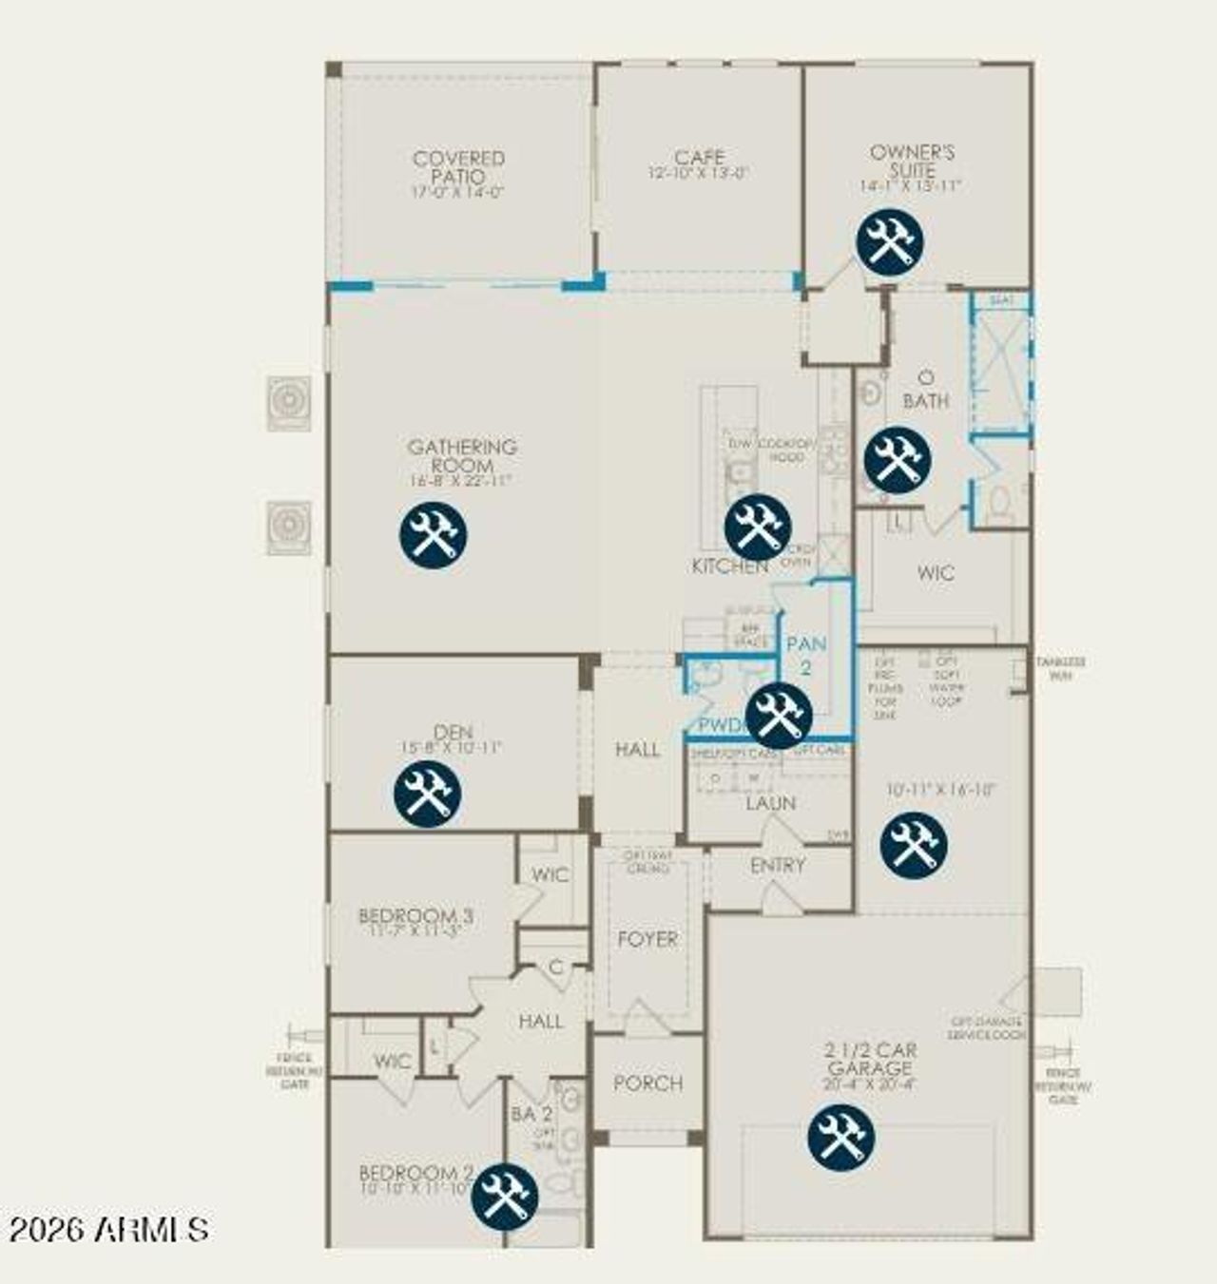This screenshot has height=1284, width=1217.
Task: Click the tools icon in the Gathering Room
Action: [x=433, y=535]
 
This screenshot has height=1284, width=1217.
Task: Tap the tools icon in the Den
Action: [x=428, y=794]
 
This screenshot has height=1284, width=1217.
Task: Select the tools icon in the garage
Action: [x=841, y=1137]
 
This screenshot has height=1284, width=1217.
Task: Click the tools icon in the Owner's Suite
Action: [x=890, y=241]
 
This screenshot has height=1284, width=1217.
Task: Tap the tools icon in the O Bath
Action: [x=898, y=460]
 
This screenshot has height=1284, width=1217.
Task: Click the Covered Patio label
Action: [x=458, y=168]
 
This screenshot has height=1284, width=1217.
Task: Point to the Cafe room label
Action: [x=700, y=158]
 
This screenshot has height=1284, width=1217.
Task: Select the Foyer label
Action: [x=647, y=939]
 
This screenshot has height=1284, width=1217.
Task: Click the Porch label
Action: [x=648, y=1083]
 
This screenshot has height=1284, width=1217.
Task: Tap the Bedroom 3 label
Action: [x=415, y=916]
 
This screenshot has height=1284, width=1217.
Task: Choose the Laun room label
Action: [x=770, y=803]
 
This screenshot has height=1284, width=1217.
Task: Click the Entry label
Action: [x=778, y=865]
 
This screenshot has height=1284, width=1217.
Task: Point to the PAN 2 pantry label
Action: [x=806, y=654]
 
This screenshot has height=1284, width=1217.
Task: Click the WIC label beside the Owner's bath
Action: [x=936, y=573]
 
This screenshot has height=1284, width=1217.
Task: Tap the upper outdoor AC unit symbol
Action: [x=288, y=403]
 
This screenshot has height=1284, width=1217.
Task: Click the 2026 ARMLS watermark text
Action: [x=108, y=1229]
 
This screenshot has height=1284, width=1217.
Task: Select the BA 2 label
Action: [x=531, y=1114]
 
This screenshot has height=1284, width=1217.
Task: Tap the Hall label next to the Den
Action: [x=637, y=749]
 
